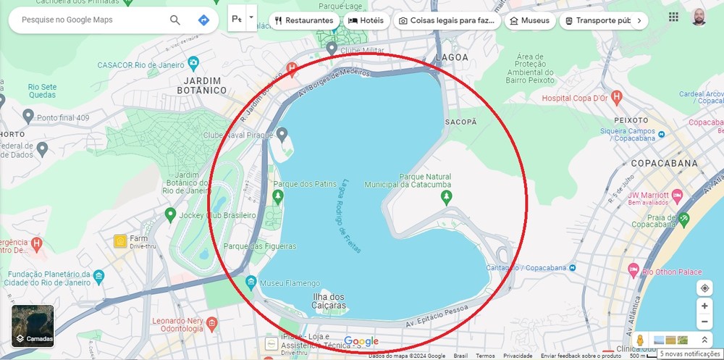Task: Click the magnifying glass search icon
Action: [x=174, y=20]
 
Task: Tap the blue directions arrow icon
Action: [x=204, y=20]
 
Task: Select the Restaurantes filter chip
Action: [x=304, y=20]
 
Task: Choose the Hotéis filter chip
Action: [x=366, y=20]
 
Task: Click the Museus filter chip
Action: [x=530, y=20]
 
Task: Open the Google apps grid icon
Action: [x=673, y=17]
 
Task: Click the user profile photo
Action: [x=699, y=17]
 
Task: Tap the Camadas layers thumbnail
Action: [x=33, y=326]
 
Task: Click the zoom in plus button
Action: [x=704, y=306]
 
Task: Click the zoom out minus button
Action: [x=704, y=322]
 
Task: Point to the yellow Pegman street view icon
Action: [x=640, y=340]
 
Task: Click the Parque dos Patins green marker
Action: [x=278, y=196]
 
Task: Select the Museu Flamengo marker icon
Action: [x=251, y=282]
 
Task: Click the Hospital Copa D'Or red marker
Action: [x=616, y=96]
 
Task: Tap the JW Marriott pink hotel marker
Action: [x=677, y=196]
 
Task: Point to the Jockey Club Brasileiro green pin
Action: [x=170, y=214]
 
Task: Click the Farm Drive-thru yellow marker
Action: [x=119, y=240]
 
